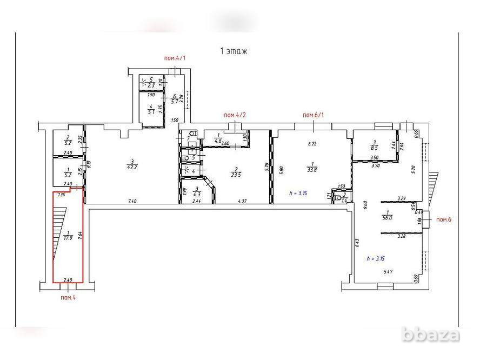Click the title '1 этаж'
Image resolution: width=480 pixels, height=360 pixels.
[x=233, y=51]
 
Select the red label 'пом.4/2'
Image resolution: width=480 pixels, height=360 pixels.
[x=235, y=115]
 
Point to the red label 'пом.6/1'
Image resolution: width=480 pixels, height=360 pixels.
[x=312, y=115]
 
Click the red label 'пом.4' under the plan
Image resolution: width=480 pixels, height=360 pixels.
[x=67, y=297]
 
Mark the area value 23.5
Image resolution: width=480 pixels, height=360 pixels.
[x=236, y=174]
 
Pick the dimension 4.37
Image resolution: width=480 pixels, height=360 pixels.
[x=243, y=201]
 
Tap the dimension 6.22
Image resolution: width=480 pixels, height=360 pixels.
[x=312, y=144]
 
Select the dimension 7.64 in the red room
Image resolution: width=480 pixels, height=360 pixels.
[x=80, y=235]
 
